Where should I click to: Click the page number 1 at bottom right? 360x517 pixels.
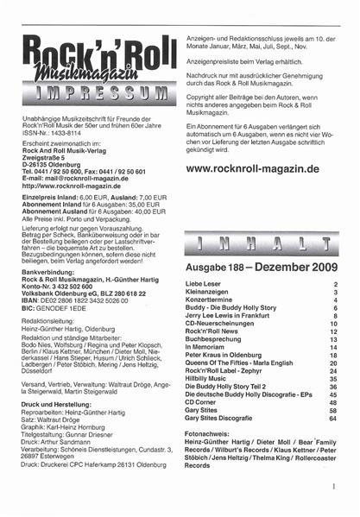332,488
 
